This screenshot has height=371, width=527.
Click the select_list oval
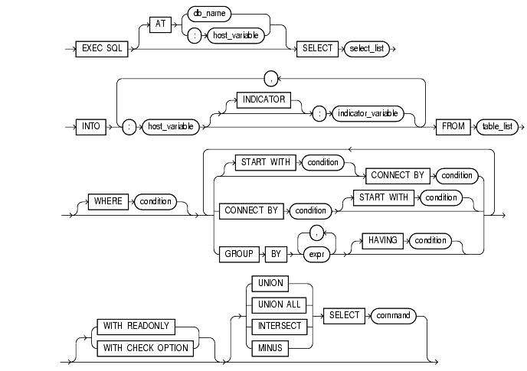(368, 47)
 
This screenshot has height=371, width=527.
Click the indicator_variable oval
(365, 112)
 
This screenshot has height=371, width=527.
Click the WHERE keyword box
(108, 203)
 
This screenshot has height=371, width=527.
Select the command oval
(394, 314)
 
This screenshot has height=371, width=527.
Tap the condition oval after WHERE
(155, 203)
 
